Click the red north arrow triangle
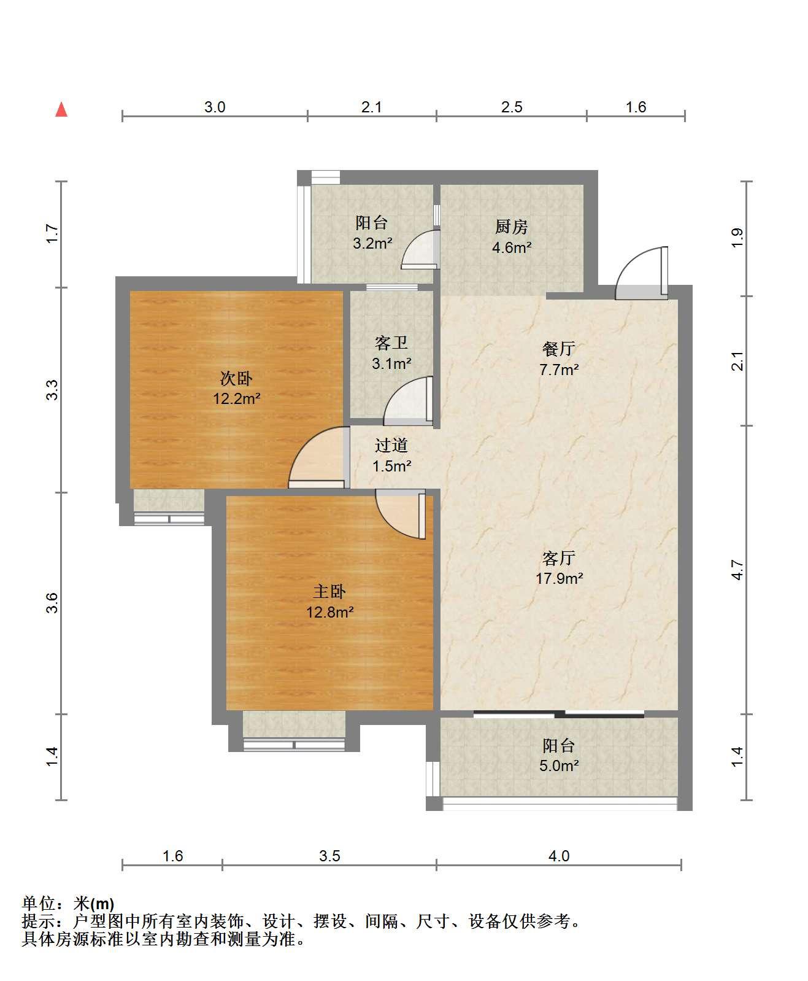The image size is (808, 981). click(x=61, y=109)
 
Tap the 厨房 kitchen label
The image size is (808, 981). click(x=511, y=227)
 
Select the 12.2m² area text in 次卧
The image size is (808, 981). click(x=237, y=399)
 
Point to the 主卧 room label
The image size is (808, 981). click(x=329, y=591)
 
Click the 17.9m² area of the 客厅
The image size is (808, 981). click(x=559, y=578)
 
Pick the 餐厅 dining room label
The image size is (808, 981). click(x=558, y=349)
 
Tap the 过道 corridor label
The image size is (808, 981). click(x=391, y=445)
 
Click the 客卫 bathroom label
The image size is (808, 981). click(x=391, y=343)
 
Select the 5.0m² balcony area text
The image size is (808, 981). click(x=559, y=766)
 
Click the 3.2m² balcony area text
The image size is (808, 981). click(x=372, y=244)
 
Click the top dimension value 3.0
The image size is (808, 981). click(x=215, y=107)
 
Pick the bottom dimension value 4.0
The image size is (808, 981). click(x=559, y=856)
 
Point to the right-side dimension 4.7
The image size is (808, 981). click(x=738, y=570)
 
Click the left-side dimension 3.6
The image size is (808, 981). click(x=53, y=603)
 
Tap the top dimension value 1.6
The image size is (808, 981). click(x=636, y=107)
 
